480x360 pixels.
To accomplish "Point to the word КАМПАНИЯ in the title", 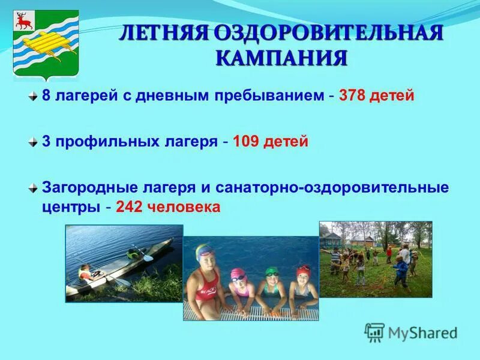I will click(x=282, y=58).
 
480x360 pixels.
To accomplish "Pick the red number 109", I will click(x=246, y=142).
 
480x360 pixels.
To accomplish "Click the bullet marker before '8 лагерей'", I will click(x=33, y=96).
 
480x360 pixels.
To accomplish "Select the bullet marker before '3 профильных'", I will click(x=33, y=142).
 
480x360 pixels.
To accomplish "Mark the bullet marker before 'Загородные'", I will click(x=33, y=187).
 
